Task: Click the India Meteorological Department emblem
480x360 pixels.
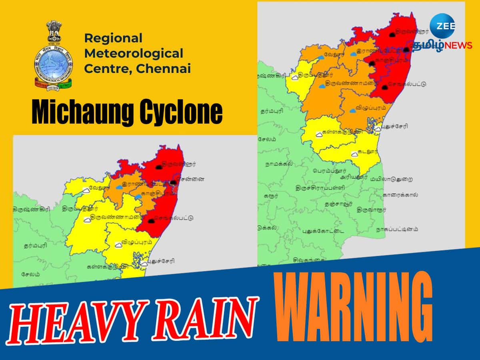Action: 54,55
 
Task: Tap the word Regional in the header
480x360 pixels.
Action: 113,38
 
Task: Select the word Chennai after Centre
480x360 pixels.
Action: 164,68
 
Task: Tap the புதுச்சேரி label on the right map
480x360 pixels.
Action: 394,126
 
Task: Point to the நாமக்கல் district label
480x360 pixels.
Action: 278,164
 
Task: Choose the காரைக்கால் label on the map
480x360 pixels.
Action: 400,195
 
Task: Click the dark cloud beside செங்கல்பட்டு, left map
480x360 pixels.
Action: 151,220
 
